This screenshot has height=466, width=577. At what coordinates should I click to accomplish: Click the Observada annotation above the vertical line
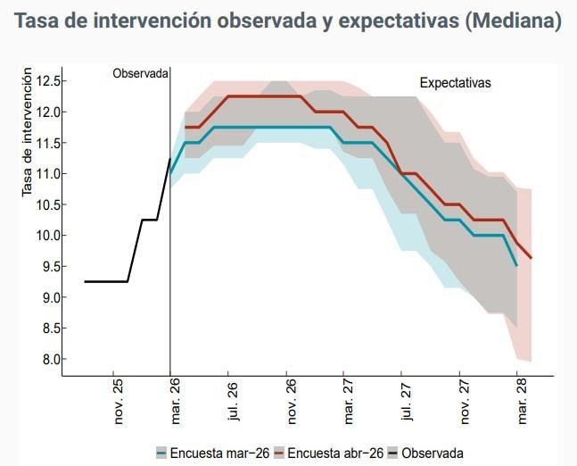(141, 74)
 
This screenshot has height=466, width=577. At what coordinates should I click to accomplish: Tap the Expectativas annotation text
(456, 83)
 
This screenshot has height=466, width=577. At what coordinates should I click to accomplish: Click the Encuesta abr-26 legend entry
(331, 453)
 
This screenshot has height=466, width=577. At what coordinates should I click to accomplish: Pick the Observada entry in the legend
(432, 453)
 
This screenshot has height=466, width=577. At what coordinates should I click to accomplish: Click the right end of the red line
(532, 258)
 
